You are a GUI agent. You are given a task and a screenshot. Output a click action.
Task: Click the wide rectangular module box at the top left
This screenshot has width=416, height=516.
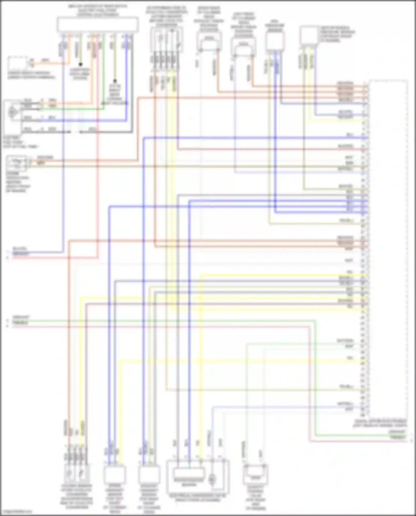[98, 24]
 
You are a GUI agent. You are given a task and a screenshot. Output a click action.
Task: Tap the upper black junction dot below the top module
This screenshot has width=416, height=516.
[80, 64]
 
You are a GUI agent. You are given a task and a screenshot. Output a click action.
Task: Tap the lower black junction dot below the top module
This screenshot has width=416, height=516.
[115, 81]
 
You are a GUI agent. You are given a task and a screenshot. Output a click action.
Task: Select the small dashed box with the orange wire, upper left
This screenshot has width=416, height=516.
[17, 64]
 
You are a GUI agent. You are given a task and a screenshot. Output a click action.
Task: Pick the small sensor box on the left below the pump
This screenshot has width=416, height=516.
[17, 164]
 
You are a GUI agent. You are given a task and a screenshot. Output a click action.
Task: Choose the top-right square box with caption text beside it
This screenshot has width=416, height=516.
[309, 35]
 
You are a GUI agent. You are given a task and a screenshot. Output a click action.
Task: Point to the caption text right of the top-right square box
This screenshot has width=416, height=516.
[337, 34]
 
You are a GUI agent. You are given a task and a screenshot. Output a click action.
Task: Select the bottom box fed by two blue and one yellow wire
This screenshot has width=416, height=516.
[115, 474]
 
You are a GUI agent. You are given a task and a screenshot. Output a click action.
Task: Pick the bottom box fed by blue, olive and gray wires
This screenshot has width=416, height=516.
[149, 474]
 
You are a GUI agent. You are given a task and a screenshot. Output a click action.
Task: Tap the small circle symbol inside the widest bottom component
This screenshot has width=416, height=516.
[212, 477]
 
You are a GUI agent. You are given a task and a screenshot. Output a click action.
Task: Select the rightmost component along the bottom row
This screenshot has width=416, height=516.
[255, 474]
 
